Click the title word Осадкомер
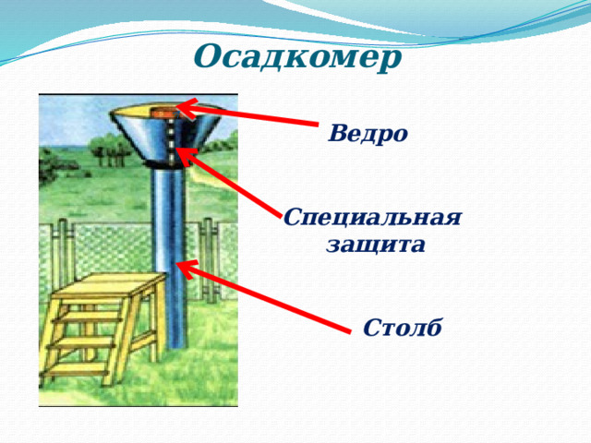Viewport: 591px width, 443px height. point(298,57)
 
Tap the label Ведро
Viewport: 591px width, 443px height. point(368,133)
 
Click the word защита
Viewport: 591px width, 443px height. point(375,245)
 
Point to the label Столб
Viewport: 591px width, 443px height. point(402,328)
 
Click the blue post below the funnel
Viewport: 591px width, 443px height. point(172,258)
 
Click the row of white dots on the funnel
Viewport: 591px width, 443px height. point(172,138)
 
